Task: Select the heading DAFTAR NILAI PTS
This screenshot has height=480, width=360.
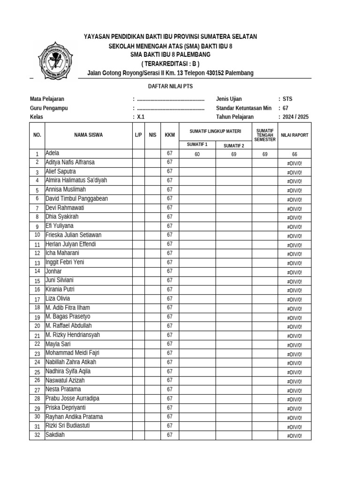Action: (x=170, y=87)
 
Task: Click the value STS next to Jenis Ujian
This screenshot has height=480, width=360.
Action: (x=287, y=99)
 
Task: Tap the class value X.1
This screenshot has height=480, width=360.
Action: (x=141, y=117)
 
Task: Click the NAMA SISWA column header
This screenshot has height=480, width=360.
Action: (x=88, y=135)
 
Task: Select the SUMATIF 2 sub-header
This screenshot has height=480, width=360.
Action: (x=233, y=145)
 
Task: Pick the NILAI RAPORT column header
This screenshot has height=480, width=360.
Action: (x=294, y=135)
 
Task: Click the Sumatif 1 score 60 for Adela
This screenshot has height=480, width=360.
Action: (x=197, y=154)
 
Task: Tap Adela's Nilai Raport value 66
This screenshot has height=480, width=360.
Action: (x=294, y=154)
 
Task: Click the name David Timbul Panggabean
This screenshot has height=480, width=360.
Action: (x=76, y=199)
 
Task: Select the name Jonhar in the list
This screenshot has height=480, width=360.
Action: (x=53, y=271)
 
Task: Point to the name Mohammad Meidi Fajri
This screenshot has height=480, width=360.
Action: (x=72, y=353)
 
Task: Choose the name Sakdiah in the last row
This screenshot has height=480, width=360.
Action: (x=55, y=435)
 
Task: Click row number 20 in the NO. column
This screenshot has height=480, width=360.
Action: (x=37, y=326)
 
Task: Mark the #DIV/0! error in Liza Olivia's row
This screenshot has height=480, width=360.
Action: (x=294, y=300)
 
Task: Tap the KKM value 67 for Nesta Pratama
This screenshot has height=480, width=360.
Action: (x=170, y=390)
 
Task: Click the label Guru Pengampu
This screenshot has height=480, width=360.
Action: (x=49, y=108)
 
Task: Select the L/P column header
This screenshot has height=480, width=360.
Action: (x=138, y=135)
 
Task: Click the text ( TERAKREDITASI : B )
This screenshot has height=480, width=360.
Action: (x=170, y=64)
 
